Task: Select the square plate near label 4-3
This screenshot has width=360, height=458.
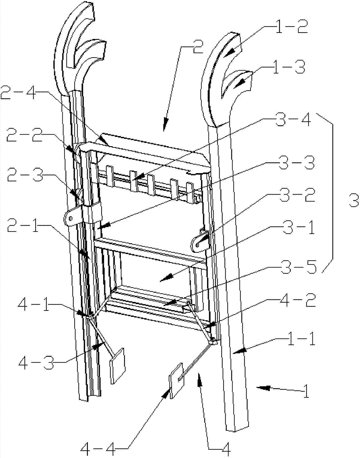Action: tap(118, 365)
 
